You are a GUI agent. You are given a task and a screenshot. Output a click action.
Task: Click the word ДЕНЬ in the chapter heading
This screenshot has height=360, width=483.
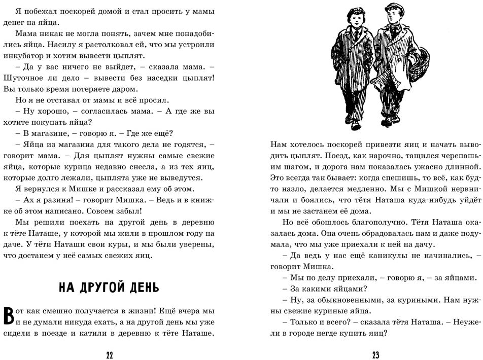tap(142, 288)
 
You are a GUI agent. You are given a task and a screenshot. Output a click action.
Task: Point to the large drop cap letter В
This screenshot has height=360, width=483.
tap(9, 316)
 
